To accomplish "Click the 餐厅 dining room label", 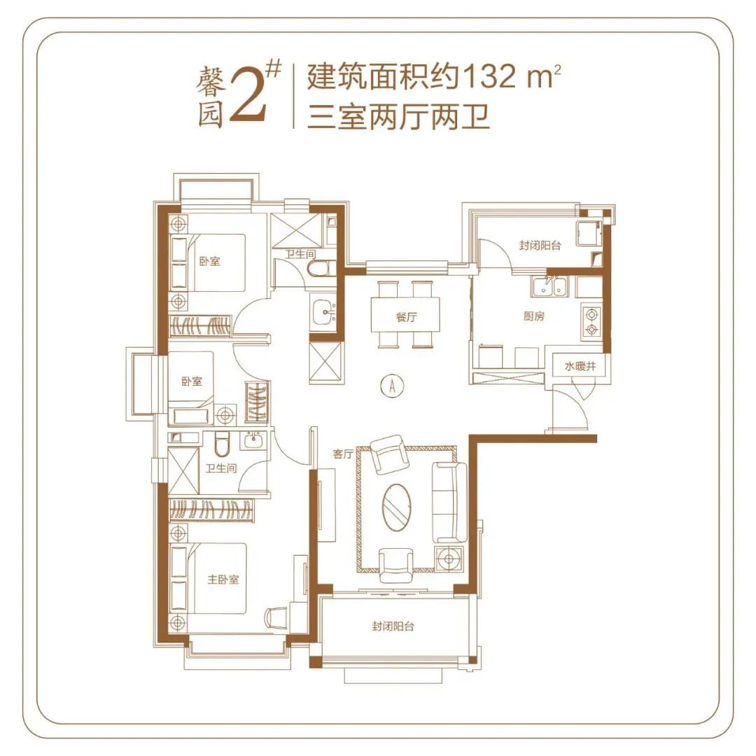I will (406, 317).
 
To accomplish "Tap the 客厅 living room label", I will (342, 454).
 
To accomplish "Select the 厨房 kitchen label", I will (534, 316).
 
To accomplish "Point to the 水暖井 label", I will (573, 366).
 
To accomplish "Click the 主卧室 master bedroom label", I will (223, 580).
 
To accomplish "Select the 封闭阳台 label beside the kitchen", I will (540, 246).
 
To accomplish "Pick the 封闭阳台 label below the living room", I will (393, 626).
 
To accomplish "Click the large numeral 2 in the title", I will (248, 98).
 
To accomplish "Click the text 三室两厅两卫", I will (398, 116).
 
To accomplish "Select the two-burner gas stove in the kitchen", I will (591, 320).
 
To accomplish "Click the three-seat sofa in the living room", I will (449, 502).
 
